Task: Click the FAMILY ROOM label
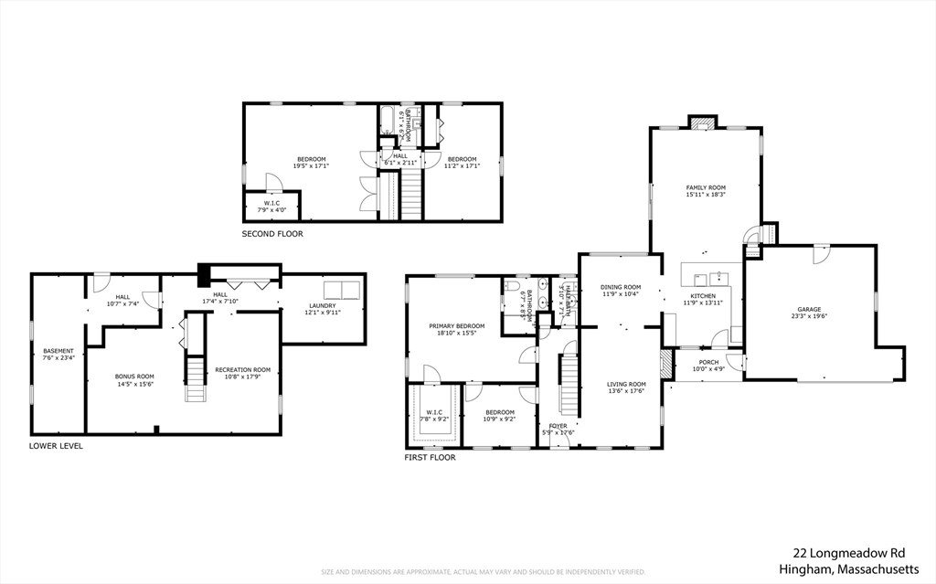click(x=706, y=187)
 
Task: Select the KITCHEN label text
click(x=703, y=296)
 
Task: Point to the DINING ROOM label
click(x=619, y=288)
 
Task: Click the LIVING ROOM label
click(x=626, y=384)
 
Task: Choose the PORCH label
click(x=708, y=362)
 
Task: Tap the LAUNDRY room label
click(x=322, y=305)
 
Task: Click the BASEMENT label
click(x=58, y=351)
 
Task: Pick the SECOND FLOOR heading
click(x=272, y=234)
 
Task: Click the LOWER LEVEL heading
click(x=56, y=446)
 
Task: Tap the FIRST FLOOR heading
click(x=431, y=457)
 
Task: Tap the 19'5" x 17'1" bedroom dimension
click(x=311, y=166)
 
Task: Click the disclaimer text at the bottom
click(x=483, y=572)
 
